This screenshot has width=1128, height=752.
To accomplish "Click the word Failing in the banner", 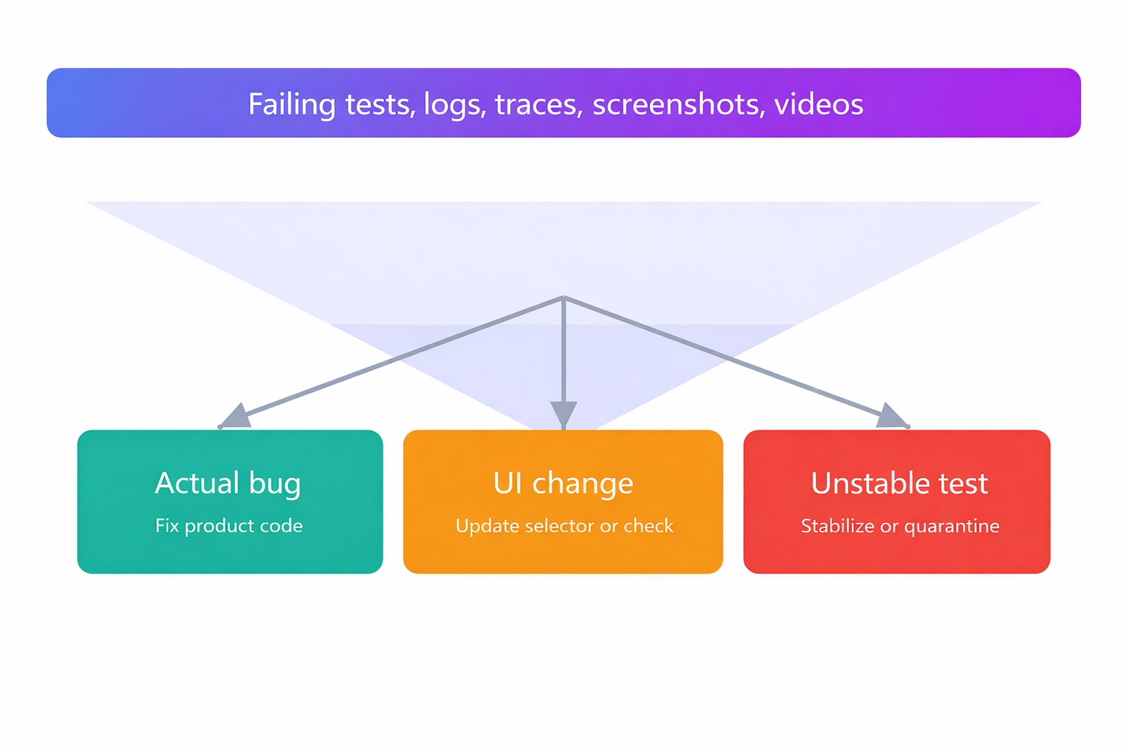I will (292, 104).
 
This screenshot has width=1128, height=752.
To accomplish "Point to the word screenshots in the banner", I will (679, 104).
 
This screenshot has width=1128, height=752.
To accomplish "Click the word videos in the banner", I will (819, 104).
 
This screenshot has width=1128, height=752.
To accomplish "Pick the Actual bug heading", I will (228, 483).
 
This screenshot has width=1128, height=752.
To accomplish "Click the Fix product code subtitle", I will (229, 526).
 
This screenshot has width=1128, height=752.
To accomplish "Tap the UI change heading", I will (563, 483).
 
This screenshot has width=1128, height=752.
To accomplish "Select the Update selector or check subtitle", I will (564, 526).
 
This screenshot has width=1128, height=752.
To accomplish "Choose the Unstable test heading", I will (900, 483).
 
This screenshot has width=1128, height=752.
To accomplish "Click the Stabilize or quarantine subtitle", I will (900, 526).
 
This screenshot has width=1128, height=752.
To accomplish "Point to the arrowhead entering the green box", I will (235, 417).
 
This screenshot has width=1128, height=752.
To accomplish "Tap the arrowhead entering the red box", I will (892, 417).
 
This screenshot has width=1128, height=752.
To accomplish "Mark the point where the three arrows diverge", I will (563, 297).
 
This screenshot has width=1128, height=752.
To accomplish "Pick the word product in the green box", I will (219, 527).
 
